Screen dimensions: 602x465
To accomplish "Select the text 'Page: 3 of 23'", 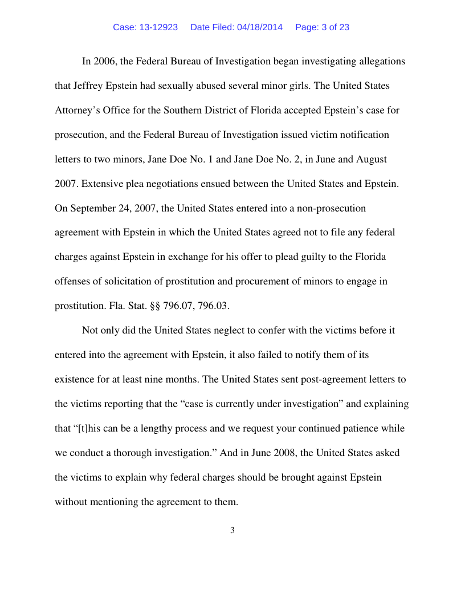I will click(322, 27).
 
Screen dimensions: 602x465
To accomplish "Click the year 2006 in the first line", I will click(103, 61).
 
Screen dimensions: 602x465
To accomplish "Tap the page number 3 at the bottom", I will click(232, 531).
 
